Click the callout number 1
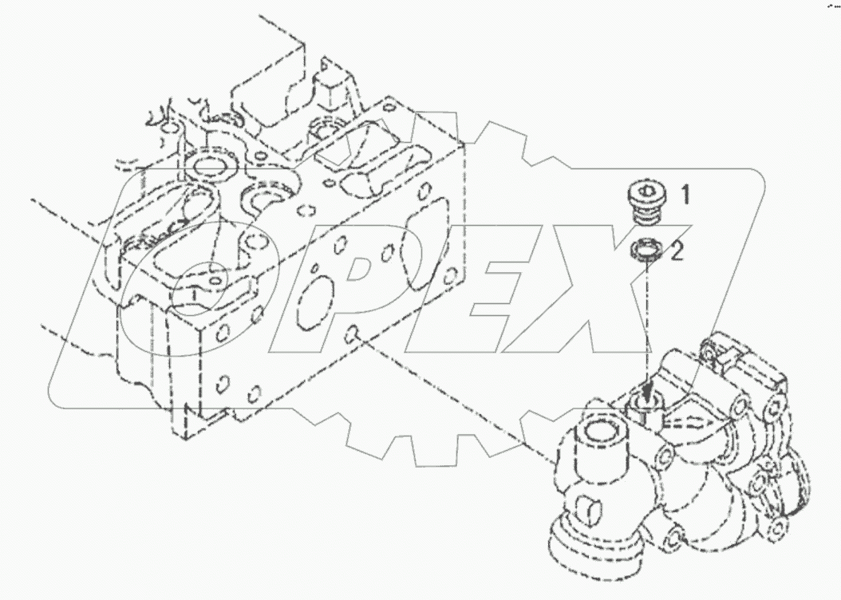click(685, 195)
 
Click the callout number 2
click(677, 253)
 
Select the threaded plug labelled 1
click(646, 204)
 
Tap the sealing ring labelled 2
click(646, 251)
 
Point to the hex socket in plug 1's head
click(647, 192)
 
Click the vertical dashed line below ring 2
click(646, 319)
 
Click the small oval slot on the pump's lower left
click(586, 507)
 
